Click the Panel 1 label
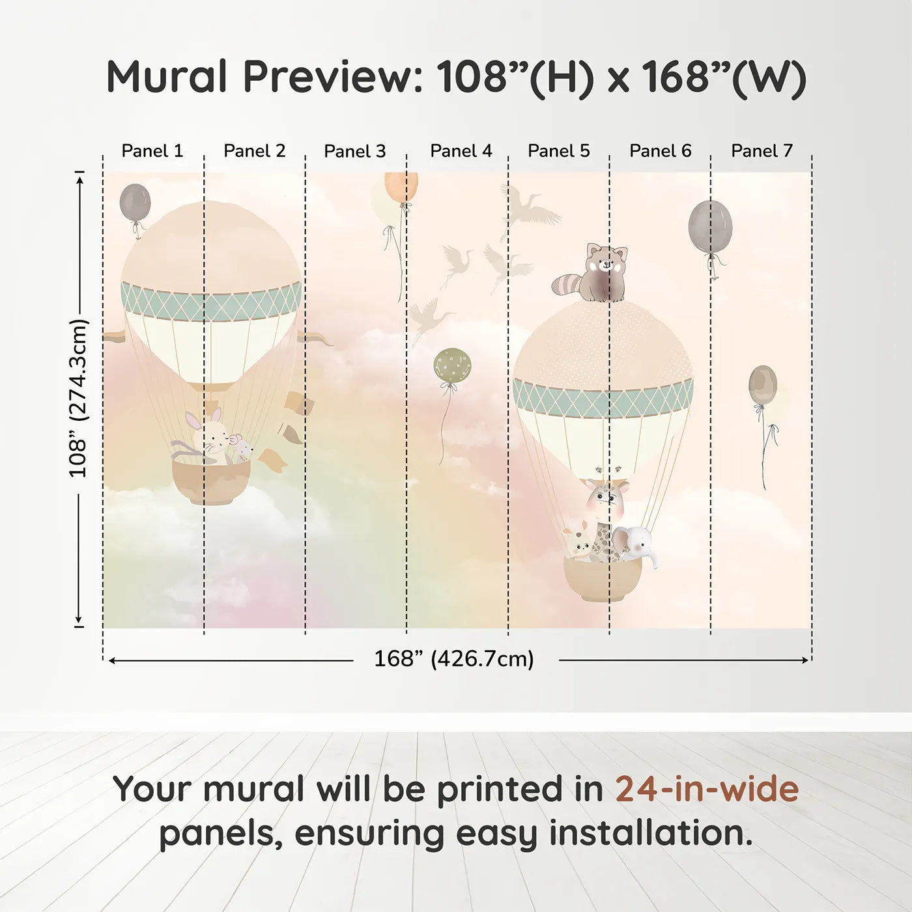(152, 151)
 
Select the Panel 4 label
(461, 151)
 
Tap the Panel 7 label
(762, 151)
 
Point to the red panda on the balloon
(595, 274)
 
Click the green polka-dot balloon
(452, 365)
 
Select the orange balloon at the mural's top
(401, 187)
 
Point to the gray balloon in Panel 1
(135, 203)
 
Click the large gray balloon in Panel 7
(710, 227)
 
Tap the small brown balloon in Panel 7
(762, 384)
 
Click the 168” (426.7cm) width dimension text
(454, 659)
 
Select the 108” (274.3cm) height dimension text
(78, 398)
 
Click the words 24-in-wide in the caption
(707, 790)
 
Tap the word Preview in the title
(333, 77)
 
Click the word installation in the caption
(650, 833)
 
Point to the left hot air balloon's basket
(211, 481)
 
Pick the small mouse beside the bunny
(241, 448)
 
